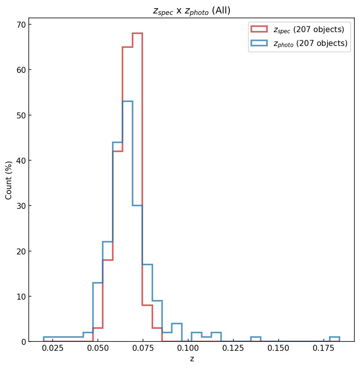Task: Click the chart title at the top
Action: point(192,11)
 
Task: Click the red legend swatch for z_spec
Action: point(259,29)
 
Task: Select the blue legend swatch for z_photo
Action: point(259,43)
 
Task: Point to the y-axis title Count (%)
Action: point(9,180)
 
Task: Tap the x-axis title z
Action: point(192,359)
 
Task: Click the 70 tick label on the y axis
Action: point(21,25)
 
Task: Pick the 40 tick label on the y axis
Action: point(21,161)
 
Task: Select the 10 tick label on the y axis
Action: point(21,297)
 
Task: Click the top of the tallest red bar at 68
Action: point(137,34)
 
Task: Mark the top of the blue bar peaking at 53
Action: point(127,102)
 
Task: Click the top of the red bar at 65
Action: point(127,47)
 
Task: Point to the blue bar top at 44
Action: point(118,142)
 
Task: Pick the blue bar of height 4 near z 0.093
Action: point(177,324)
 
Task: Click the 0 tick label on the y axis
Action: point(23,342)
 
